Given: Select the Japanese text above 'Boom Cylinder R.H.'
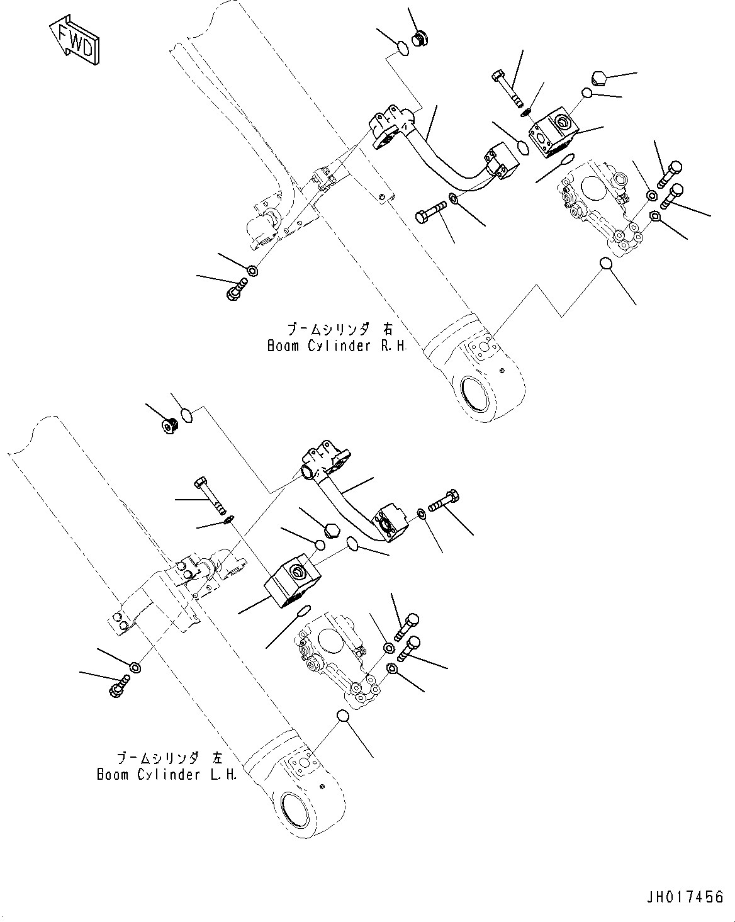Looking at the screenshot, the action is tap(340, 329).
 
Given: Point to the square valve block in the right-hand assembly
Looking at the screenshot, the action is tap(553, 132).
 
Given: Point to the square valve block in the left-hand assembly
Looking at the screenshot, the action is tap(293, 580).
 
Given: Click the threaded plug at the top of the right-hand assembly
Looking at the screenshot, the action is tap(419, 38).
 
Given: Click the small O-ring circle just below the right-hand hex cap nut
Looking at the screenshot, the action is tap(586, 93).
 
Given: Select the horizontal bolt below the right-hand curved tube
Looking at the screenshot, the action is tap(431, 212).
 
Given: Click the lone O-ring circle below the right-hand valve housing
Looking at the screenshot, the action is tap(605, 263).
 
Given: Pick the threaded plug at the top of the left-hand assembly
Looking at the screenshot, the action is tap(168, 425).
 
